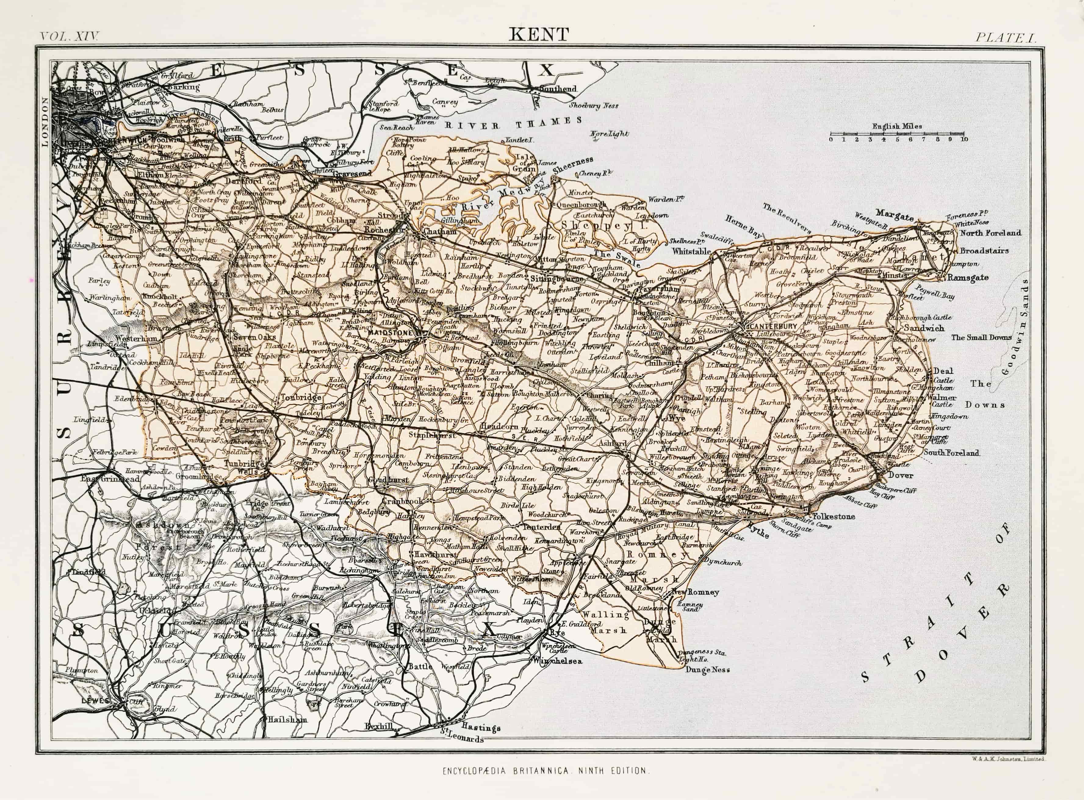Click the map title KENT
[x=539, y=34]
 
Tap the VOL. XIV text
[x=69, y=36]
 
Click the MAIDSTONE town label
[x=390, y=333]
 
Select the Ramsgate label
[x=967, y=277]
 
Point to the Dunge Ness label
[x=707, y=670]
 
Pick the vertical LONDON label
[x=45, y=121]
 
